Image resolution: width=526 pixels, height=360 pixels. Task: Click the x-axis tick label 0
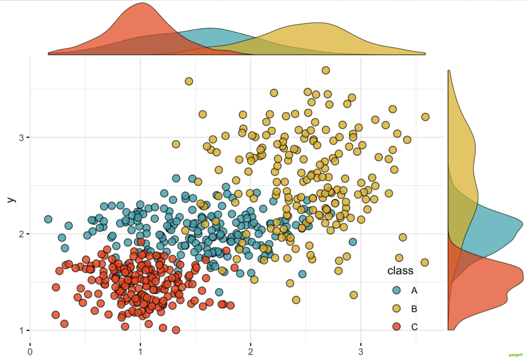30,352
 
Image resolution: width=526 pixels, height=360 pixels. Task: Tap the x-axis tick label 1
140,352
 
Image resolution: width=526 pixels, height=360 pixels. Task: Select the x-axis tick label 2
250,352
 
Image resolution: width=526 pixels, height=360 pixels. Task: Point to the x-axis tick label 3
361,352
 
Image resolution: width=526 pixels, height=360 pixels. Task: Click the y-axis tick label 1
21,330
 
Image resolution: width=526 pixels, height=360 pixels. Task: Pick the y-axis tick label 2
21,234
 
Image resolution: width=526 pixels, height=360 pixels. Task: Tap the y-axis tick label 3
21,138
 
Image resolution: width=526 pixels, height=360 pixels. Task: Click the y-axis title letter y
11,200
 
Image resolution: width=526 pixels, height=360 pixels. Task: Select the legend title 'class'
400,271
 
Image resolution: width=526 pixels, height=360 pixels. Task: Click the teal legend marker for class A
396,290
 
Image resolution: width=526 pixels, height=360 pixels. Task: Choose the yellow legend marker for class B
396,308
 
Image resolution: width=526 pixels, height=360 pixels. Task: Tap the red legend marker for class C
396,327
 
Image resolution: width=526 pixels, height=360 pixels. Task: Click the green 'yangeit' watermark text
515,355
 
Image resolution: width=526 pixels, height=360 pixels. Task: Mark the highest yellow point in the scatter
326,70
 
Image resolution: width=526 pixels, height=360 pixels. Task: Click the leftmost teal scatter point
48,219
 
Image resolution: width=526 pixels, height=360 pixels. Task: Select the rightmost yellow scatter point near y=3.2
425,117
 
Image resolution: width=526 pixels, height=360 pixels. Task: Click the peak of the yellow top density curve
318,23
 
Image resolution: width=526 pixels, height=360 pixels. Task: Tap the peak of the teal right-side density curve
522,224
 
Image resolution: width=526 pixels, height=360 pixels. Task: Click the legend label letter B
414,309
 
